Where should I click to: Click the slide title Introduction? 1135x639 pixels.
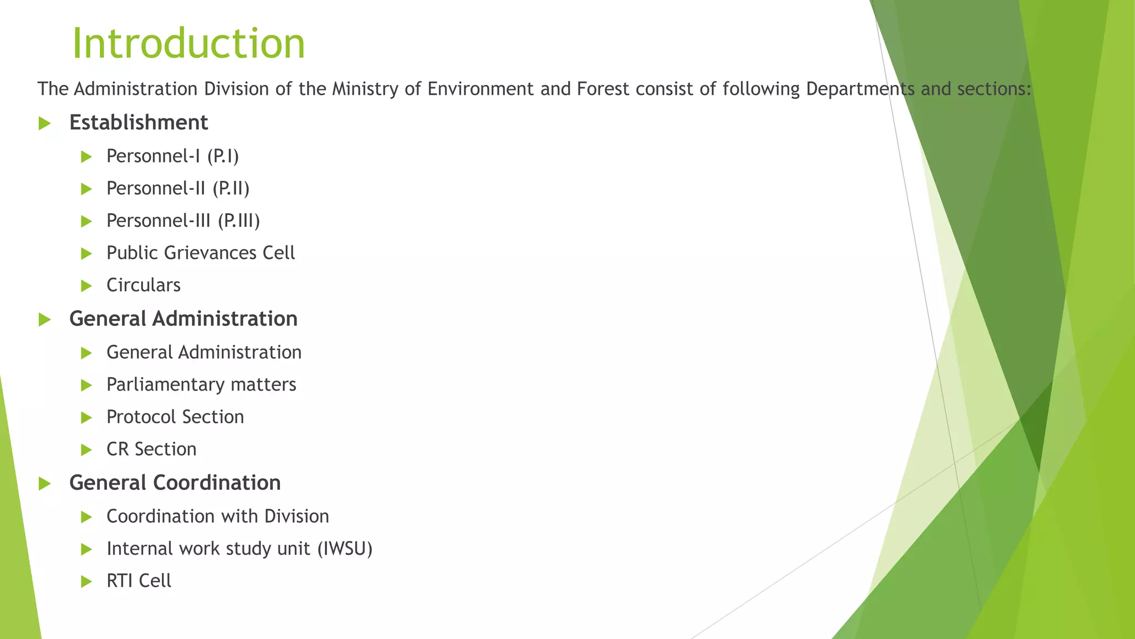click(188, 43)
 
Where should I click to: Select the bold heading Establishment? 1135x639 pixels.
click(139, 123)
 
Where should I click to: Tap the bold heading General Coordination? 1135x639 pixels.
click(175, 483)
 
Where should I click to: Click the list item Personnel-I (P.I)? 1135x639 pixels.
click(172, 156)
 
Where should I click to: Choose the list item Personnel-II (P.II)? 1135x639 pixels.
click(178, 189)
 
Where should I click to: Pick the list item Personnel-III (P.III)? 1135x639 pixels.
click(183, 221)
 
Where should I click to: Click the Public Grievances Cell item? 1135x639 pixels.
click(201, 253)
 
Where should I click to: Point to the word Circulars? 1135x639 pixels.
click(144, 285)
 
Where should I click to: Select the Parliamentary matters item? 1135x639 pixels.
click(201, 384)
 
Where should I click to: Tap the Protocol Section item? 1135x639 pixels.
click(175, 417)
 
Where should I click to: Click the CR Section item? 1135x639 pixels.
click(151, 449)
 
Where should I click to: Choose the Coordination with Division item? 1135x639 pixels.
click(218, 516)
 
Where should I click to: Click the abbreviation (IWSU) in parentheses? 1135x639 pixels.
click(345, 549)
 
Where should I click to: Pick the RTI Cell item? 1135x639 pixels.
click(139, 581)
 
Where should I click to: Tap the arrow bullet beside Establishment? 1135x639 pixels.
click(45, 123)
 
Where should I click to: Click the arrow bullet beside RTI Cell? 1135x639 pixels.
click(86, 581)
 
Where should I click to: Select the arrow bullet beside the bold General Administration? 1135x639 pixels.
click(45, 319)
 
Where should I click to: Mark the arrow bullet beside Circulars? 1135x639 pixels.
click(86, 286)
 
